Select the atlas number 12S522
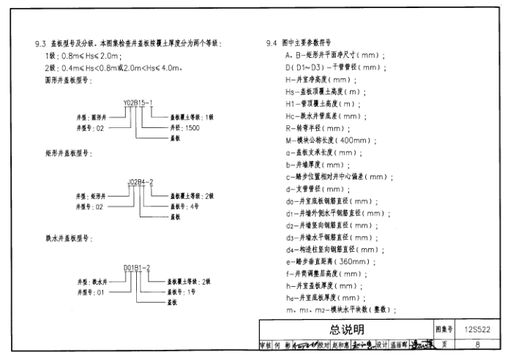coord(477,329)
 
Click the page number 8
coord(477,345)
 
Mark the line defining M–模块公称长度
coord(329,140)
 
